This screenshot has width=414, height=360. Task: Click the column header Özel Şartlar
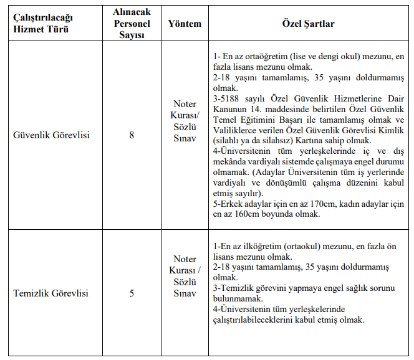308,24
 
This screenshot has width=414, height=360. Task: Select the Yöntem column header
185,24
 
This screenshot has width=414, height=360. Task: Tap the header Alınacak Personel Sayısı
132,24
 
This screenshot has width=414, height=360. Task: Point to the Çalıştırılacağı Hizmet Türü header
42,24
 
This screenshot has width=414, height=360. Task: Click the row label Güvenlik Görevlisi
51,135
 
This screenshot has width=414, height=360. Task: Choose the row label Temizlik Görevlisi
51,293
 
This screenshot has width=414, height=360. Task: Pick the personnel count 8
132,135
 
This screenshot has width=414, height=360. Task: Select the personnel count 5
132,293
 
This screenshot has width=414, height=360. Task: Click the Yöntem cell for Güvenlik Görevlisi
185,120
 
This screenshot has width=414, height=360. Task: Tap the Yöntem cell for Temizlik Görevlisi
185,276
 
